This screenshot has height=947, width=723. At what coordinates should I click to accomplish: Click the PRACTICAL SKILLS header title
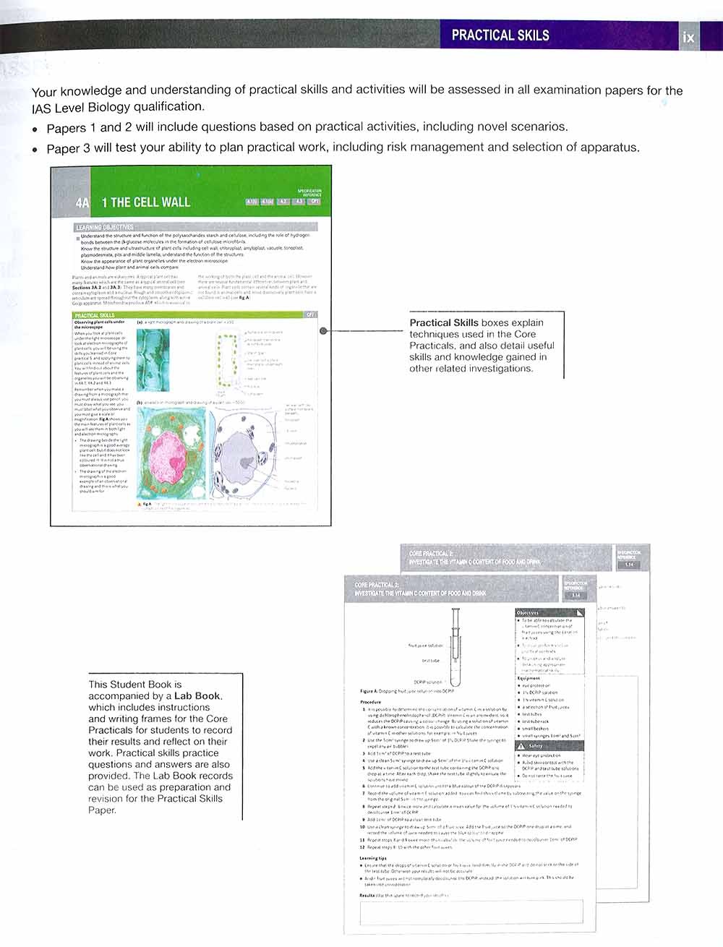pos(500,35)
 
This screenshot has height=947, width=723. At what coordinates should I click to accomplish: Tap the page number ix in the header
pos(688,37)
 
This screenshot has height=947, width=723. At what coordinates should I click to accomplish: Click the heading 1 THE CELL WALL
pos(146,202)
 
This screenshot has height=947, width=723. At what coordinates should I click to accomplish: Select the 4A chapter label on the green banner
pos(82,203)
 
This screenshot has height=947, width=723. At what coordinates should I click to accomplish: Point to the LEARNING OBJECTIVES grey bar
pos(106,227)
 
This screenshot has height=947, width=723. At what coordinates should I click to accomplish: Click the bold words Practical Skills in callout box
pos(444,323)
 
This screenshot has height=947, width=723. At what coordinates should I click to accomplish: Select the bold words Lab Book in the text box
pos(198,696)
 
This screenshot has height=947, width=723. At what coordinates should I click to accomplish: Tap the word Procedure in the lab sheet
pos(370,702)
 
